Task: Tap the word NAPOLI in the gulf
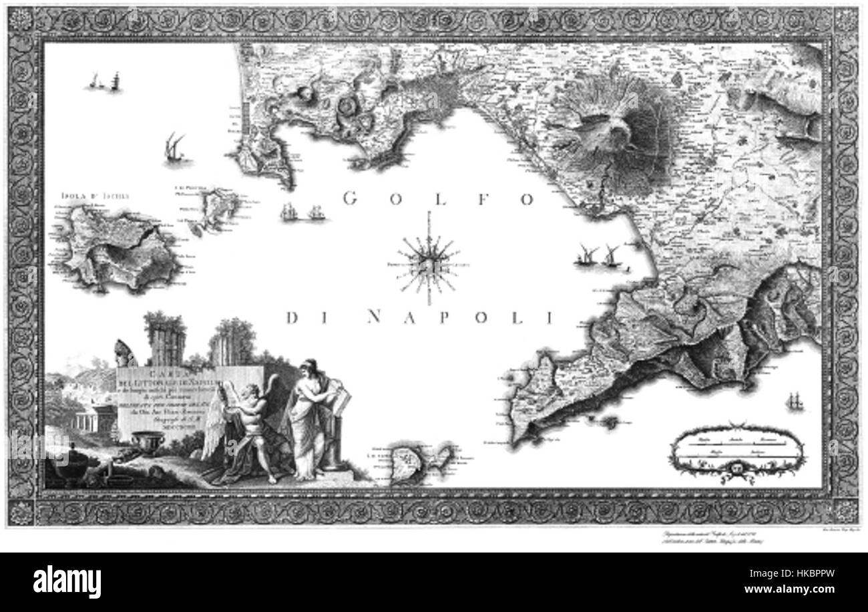(x=461, y=317)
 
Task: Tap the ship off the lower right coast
(x=797, y=401)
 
